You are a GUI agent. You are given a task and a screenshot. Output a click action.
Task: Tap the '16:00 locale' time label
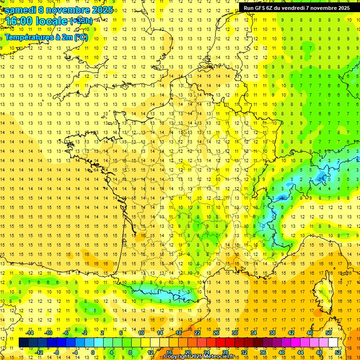pos(37,22)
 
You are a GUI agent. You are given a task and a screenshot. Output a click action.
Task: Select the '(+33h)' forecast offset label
pos(82,21)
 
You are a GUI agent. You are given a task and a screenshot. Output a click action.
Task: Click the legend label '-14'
pos(30,333)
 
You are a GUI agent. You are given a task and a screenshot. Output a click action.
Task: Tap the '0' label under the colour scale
pos(93,352)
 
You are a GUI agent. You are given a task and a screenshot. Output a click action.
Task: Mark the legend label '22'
pos(197,333)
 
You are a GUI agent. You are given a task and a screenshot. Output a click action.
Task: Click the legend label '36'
pos(263,352)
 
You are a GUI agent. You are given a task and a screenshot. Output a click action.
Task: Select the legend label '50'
pos(329,333)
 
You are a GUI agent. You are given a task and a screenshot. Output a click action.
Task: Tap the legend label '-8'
pos(57,352)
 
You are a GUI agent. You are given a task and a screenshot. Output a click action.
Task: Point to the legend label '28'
pos(225,352)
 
